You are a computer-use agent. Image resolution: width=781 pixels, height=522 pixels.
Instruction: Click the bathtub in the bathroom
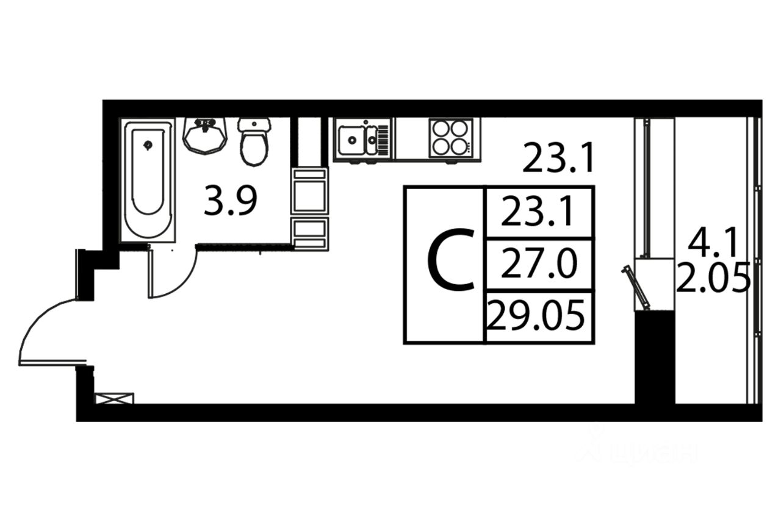click(148, 180)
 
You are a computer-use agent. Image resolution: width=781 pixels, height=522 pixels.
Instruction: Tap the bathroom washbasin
click(204, 135)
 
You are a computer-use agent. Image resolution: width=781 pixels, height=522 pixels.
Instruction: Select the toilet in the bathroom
click(254, 141)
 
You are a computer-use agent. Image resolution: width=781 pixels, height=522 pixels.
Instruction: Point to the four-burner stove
click(451, 138)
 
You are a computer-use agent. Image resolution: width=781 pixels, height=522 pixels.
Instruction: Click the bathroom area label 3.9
click(230, 202)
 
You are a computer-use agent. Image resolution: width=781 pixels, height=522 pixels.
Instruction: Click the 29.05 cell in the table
click(538, 317)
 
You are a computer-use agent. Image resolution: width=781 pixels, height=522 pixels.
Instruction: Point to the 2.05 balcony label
click(713, 281)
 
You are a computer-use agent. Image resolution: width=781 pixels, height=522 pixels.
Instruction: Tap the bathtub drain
click(148, 145)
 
